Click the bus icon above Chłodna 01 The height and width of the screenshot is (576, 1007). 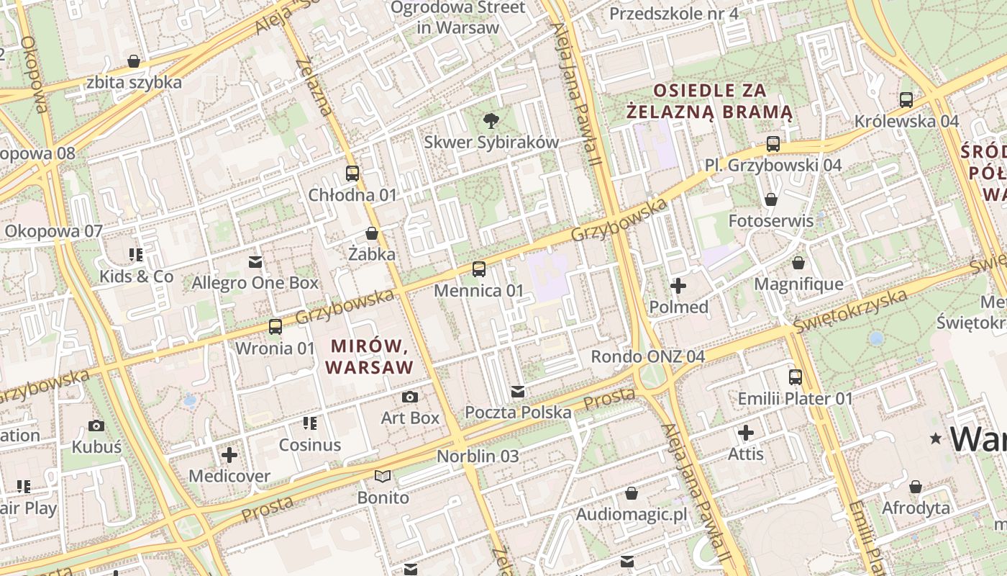[352, 174]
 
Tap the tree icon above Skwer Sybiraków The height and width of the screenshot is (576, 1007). [491, 120]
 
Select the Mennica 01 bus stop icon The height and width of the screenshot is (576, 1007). [479, 269]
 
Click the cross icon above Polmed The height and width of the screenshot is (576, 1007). [678, 286]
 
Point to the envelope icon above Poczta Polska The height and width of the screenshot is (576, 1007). [518, 392]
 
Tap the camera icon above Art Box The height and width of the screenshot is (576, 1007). [410, 397]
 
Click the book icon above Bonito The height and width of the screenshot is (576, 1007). [383, 476]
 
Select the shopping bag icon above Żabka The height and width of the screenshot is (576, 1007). [372, 233]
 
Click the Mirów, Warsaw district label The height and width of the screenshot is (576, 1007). [370, 356]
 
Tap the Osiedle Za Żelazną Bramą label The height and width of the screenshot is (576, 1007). [709, 102]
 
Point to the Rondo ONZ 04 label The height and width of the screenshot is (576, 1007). [647, 356]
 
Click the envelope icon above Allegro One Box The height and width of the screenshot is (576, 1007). [255, 261]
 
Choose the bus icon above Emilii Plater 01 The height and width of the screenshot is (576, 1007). [796, 377]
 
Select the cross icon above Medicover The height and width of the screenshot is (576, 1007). [229, 455]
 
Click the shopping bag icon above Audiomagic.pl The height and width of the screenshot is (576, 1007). [632, 493]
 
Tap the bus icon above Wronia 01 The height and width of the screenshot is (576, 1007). [275, 327]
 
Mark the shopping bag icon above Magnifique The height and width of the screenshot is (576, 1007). [798, 263]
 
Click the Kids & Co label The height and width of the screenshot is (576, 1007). [137, 276]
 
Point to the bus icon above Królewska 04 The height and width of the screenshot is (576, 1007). [906, 99]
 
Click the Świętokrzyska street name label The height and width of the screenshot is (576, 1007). [849, 311]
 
